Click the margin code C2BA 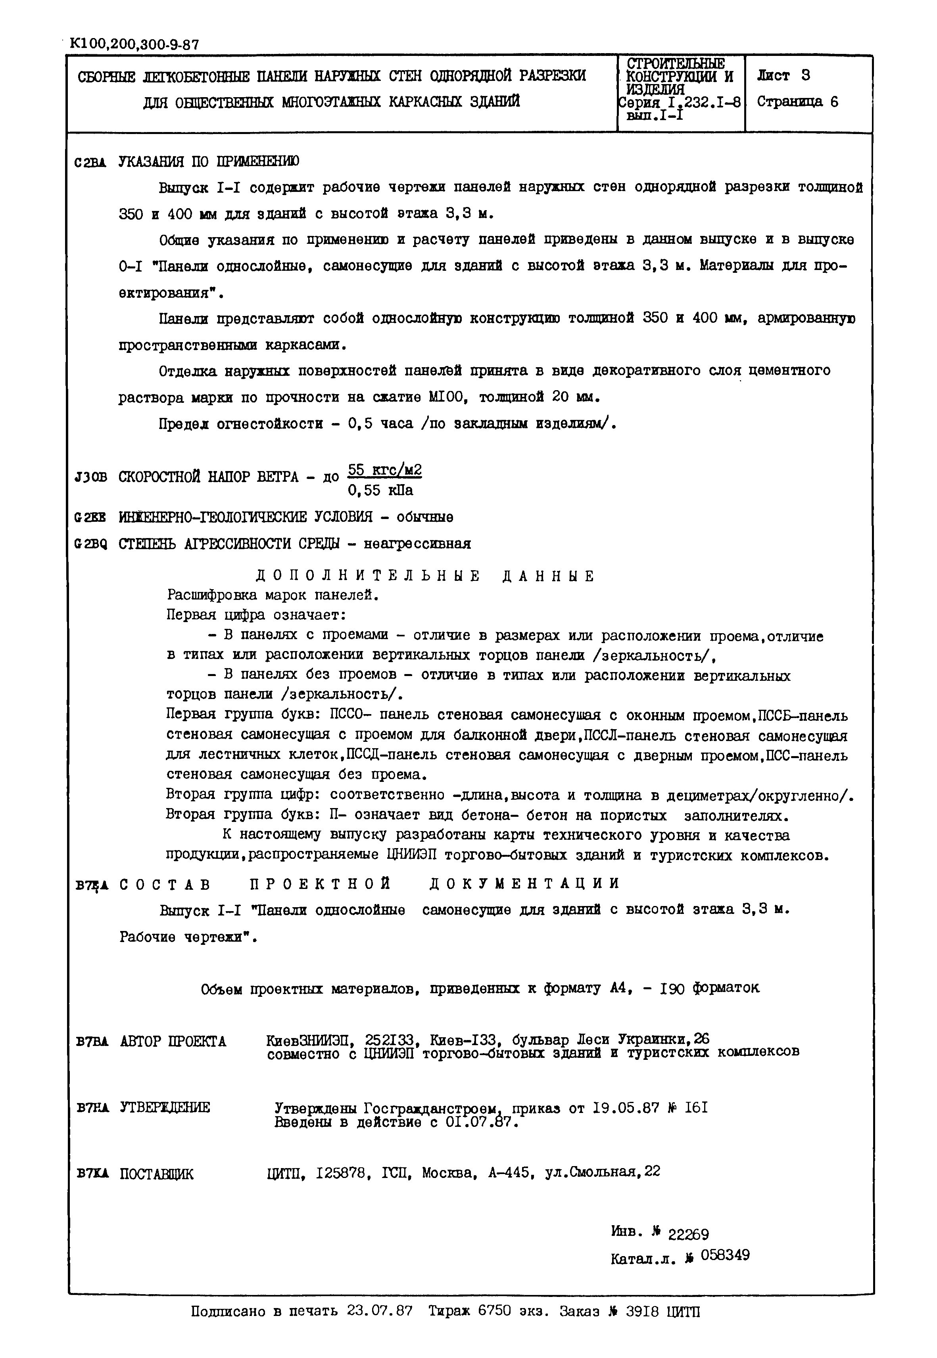(x=90, y=163)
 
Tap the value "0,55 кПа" (x=380, y=490)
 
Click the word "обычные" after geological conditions (x=424, y=517)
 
